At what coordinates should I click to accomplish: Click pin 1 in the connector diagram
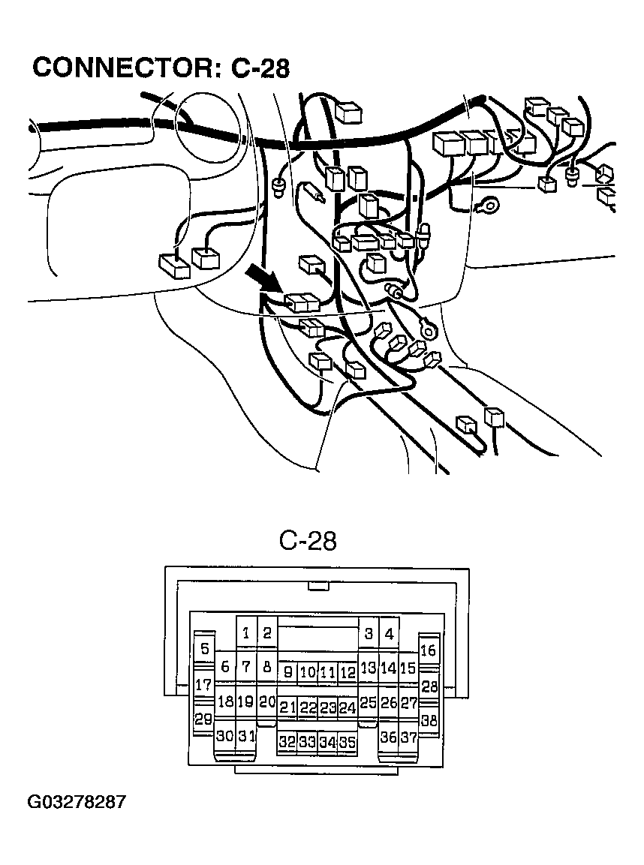246,633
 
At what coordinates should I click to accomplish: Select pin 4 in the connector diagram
389,634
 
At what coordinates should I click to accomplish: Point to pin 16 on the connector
428,650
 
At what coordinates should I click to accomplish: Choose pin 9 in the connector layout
287,672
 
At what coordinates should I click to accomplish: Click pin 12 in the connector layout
347,672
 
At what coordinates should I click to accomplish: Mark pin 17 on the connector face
203,684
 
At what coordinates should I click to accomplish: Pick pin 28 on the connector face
429,685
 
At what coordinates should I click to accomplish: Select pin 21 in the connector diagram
287,707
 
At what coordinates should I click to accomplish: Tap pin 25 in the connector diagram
368,703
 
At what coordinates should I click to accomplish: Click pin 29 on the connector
203,719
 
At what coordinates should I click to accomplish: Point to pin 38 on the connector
429,720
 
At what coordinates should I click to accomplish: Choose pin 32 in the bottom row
287,742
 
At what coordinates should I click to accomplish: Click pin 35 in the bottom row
347,742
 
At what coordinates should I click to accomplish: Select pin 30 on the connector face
225,736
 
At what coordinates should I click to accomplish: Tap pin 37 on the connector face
408,737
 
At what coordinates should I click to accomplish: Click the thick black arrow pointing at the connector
264,278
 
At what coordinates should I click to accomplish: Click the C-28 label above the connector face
308,540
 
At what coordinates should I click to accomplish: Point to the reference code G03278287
77,802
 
